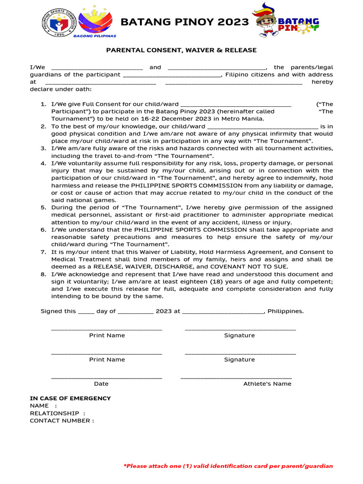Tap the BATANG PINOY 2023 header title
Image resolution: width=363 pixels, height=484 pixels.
[x=185, y=22]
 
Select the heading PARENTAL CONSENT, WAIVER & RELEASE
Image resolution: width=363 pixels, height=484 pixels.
[x=181, y=50]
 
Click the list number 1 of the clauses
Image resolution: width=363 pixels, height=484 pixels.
[x=43, y=104]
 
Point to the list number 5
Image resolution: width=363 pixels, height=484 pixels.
[x=43, y=207]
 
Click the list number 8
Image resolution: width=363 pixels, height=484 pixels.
[x=43, y=274]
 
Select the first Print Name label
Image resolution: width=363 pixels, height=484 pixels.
[x=107, y=335]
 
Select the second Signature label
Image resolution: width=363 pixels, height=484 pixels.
[x=239, y=359]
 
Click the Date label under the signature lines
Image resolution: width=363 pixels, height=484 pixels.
[x=101, y=383]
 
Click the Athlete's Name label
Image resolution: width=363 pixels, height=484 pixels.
[x=267, y=383]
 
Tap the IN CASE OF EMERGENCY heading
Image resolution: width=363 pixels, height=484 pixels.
[x=70, y=398]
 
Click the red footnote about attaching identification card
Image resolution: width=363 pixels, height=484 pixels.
[x=228, y=466]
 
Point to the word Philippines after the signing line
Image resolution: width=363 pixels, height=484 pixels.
[x=285, y=311]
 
